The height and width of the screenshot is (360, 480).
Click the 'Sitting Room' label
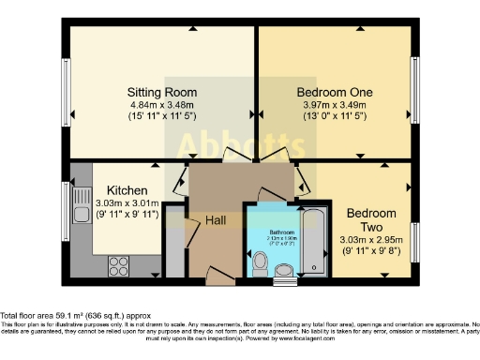tap(162, 92)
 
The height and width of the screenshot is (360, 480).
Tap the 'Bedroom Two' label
tap(371, 220)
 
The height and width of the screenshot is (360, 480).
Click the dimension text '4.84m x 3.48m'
tap(162, 106)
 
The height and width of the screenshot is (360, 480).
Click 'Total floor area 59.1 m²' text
tap(75, 317)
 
